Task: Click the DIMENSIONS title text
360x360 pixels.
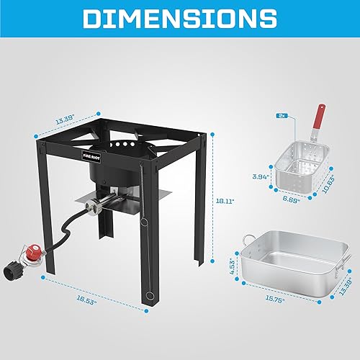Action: point(180,19)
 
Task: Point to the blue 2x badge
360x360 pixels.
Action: point(282,114)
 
